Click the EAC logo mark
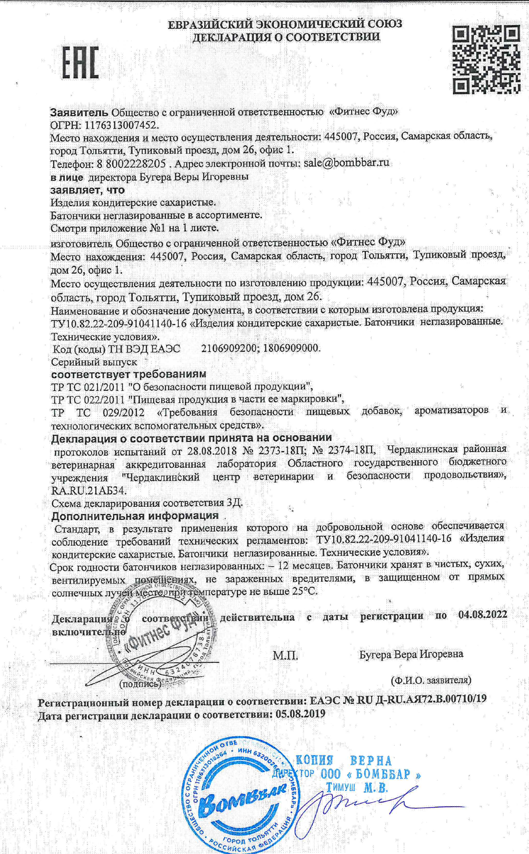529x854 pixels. pos(80,62)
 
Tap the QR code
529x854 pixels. pos(486,59)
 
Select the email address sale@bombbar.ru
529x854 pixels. pos(346,163)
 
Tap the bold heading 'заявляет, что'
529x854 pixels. pos(88,190)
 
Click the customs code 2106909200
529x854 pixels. pos(227,348)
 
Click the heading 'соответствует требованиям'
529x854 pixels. pos(129,374)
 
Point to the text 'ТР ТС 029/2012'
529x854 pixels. pos(97,412)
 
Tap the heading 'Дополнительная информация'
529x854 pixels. pos(135,516)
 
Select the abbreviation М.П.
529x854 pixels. pos(285,656)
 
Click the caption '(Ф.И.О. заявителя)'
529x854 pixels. pos(431,680)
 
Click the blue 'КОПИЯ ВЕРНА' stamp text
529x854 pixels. pos(344,760)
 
